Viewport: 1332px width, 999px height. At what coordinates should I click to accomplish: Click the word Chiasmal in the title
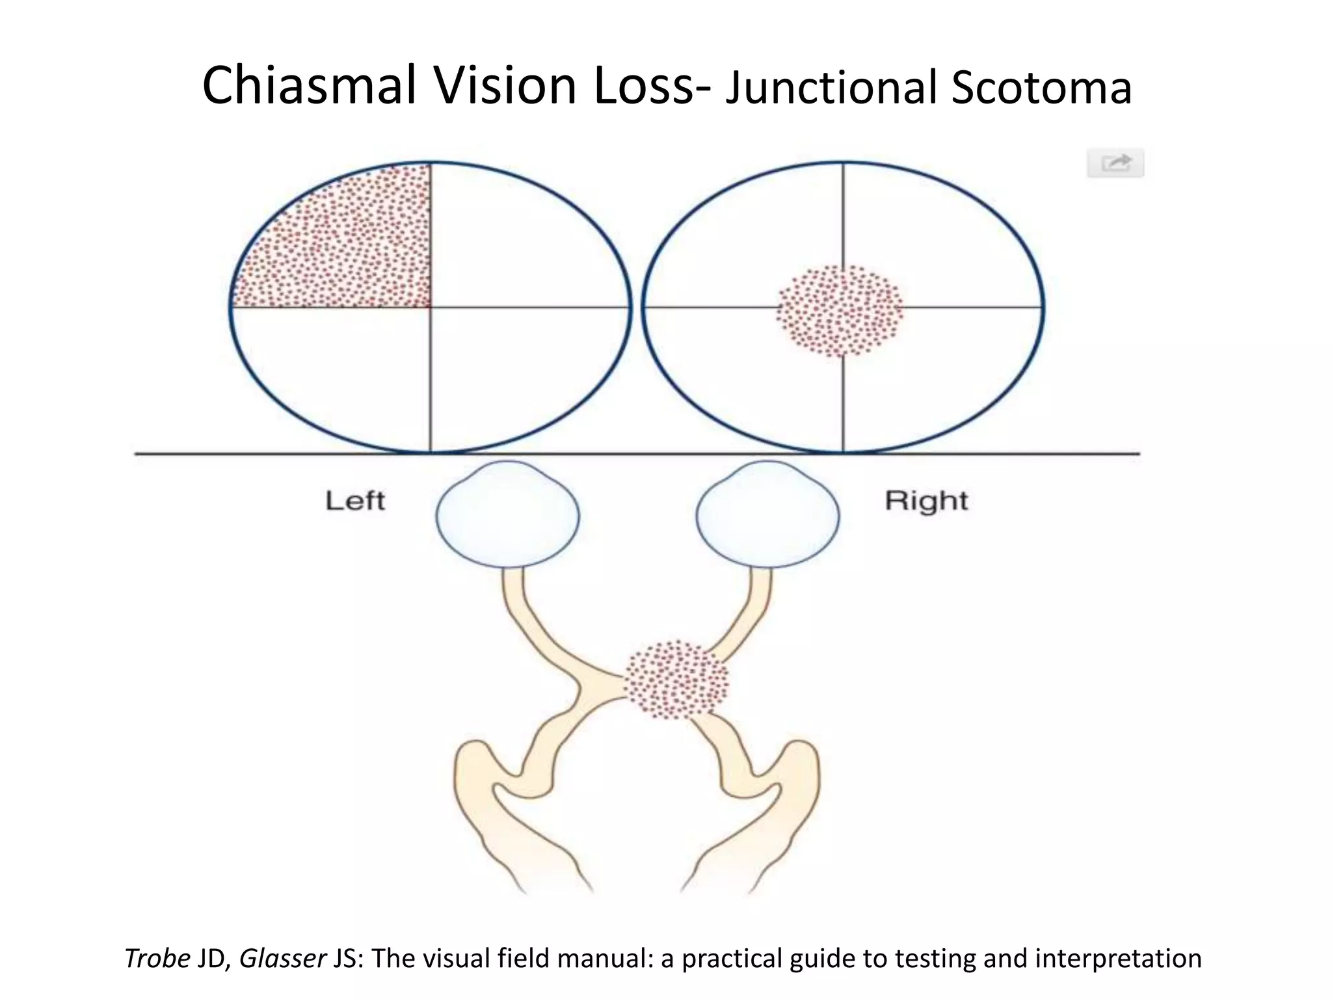point(309,86)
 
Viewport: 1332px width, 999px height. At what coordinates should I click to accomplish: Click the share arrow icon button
point(1115,163)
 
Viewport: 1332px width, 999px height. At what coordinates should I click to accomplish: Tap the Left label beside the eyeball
point(355,501)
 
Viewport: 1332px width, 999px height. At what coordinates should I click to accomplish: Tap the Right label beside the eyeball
point(926,501)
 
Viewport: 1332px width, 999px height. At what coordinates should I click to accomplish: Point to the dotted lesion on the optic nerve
point(676,680)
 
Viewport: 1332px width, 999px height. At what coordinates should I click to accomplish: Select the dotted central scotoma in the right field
point(840,311)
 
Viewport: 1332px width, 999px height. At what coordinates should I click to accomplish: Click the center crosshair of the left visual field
point(430,307)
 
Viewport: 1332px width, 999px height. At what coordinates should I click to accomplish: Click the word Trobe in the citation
point(157,959)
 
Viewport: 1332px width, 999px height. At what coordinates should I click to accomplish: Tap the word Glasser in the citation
point(283,959)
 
